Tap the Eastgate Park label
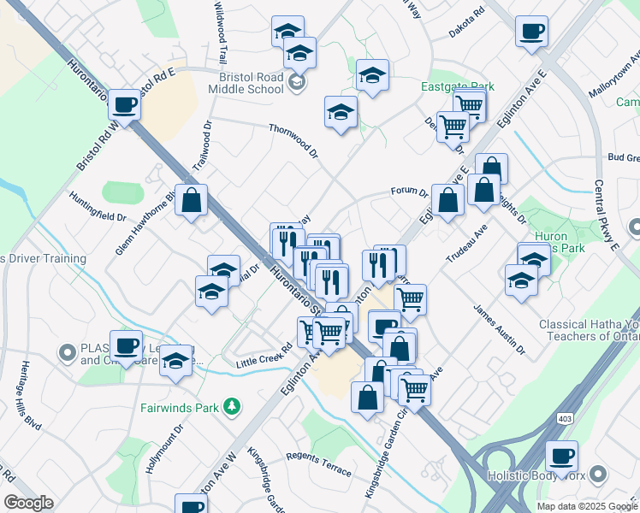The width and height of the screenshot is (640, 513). tap(458, 86)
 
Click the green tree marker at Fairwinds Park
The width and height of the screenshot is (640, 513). tap(230, 405)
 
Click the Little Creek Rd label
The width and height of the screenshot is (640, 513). tap(264, 357)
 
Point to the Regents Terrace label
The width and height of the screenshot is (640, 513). tap(319, 463)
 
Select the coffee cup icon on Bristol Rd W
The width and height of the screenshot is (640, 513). tap(125, 106)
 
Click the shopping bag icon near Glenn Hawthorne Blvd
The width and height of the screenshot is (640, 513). tap(192, 202)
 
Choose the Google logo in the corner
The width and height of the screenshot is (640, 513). tap(28, 503)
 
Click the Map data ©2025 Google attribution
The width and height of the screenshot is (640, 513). tap(586, 506)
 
